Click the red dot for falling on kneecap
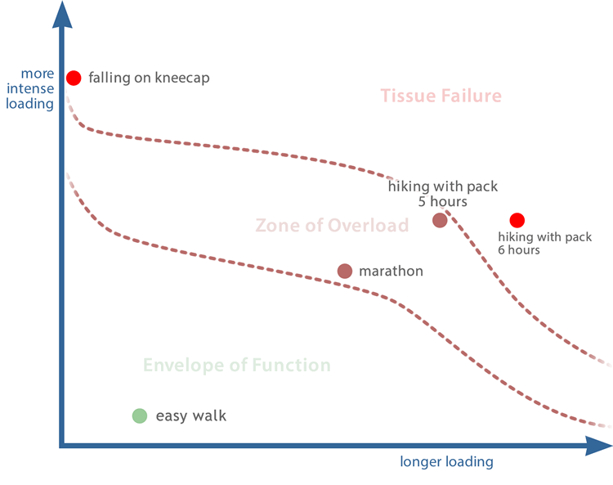point(74,78)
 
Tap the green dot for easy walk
point(140,415)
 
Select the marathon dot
point(345,271)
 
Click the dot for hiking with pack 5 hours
point(440,220)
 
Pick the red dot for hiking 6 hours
point(517,221)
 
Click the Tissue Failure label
point(441,96)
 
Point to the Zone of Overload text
point(333,225)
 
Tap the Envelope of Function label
point(237,365)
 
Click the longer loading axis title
point(446,461)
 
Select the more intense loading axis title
point(30,89)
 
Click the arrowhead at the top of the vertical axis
point(62,15)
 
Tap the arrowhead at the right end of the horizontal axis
point(598,446)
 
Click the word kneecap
point(182,78)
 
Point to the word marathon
point(391,271)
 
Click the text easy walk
point(191,415)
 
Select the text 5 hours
point(442,201)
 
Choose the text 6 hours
point(519,250)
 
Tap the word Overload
point(369,225)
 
